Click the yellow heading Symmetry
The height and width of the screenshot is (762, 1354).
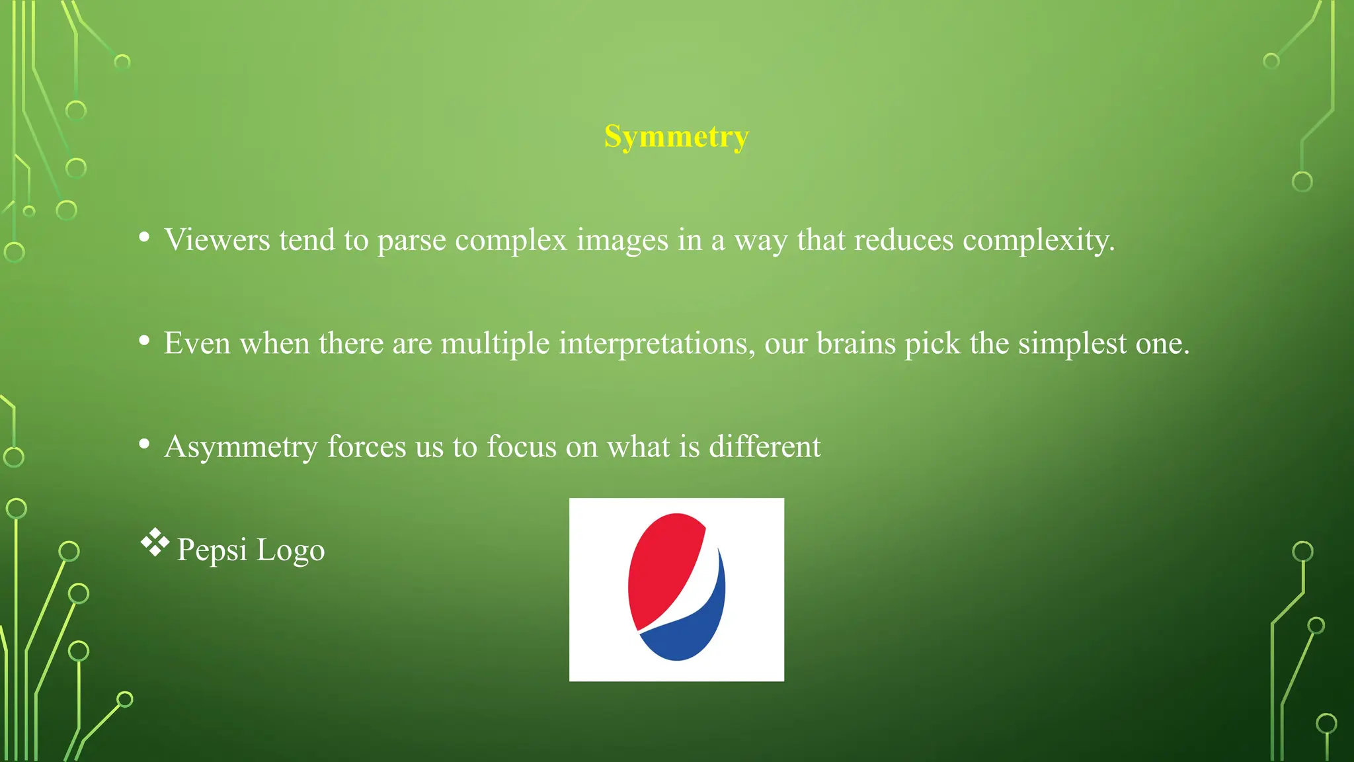pos(676,137)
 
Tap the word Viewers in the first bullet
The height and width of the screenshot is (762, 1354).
pos(217,239)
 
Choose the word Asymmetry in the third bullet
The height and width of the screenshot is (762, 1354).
pos(241,447)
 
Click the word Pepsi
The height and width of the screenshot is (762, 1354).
pos(212,550)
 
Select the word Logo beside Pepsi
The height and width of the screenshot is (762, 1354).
pos(290,550)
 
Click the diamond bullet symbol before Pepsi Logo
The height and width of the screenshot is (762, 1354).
pos(155,542)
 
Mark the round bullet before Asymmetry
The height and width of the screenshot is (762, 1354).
pos(144,444)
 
